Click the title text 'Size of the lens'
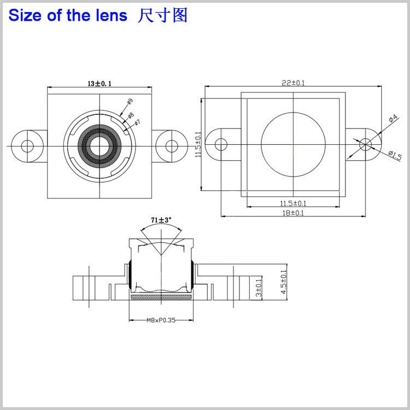pos(67,15)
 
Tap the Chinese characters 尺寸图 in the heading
pos(163,15)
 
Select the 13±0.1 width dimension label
pos(100,84)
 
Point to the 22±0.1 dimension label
pos(293,83)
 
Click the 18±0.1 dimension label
pos(293,213)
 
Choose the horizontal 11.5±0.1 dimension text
pos(293,203)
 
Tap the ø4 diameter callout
pos(393,119)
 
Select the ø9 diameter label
pos(130,102)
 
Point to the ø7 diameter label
pos(138,122)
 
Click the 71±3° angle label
pos(161,220)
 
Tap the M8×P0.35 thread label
pos(161,321)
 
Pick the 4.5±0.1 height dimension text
pos(283,282)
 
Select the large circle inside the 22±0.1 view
pos(294,144)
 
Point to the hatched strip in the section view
pos(161,297)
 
